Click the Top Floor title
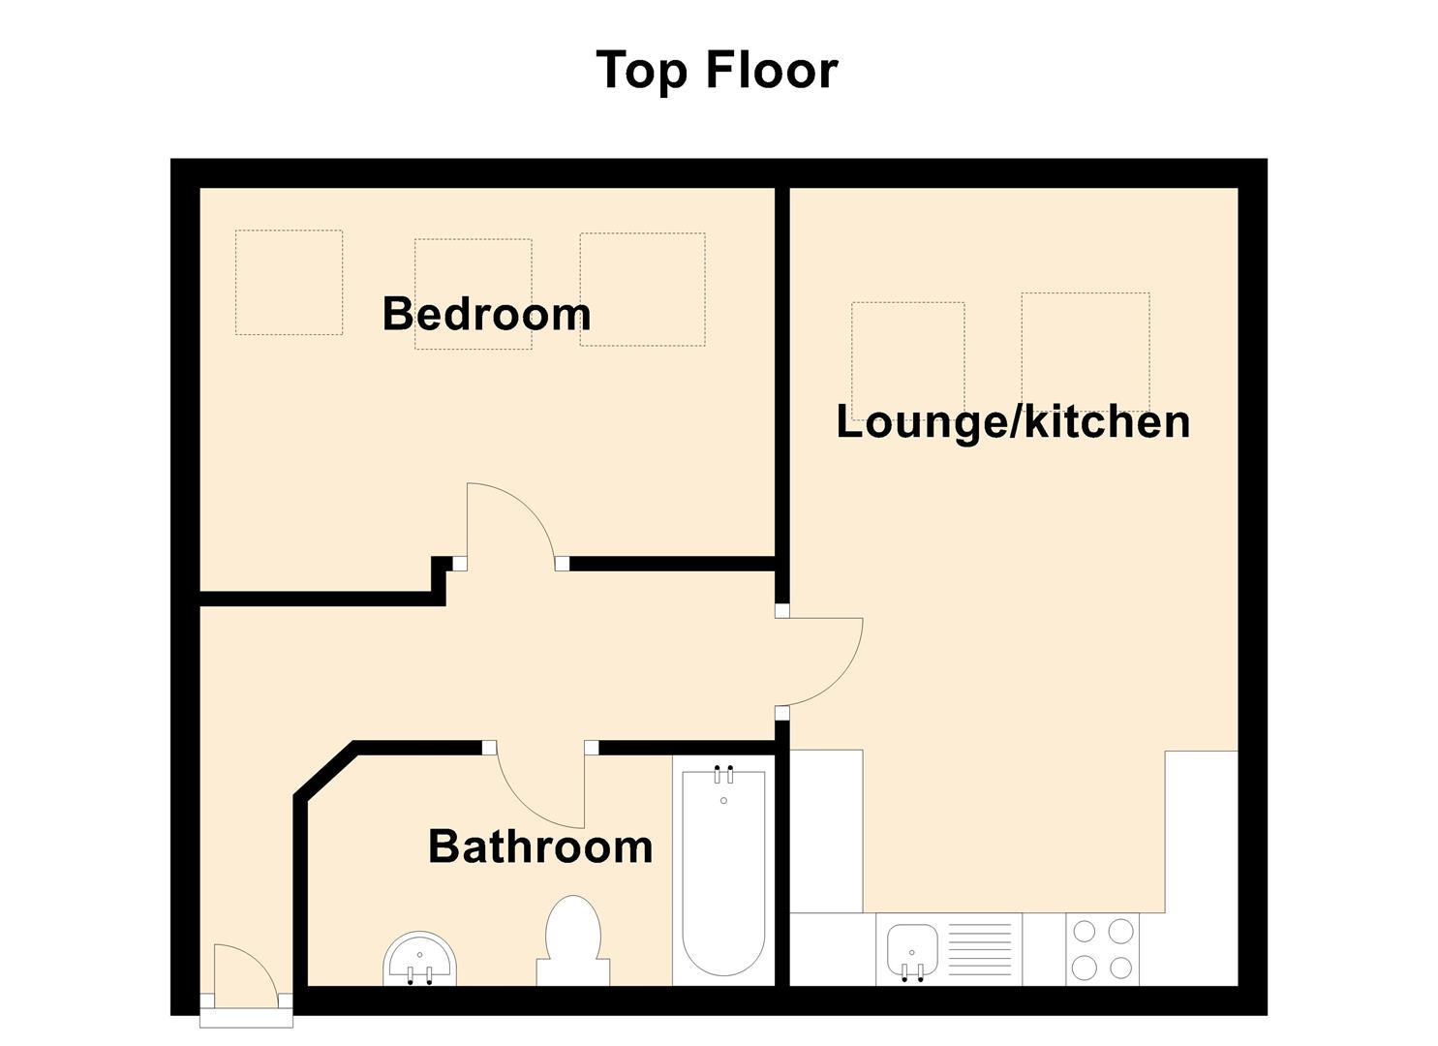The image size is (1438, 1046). click(x=718, y=70)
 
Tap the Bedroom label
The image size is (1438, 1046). click(x=487, y=314)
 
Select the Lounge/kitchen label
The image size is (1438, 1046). click(x=1013, y=422)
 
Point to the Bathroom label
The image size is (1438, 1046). click(x=540, y=846)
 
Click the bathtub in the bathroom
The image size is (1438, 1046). click(x=723, y=873)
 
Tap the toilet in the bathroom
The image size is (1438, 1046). click(x=572, y=940)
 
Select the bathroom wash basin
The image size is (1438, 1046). click(x=420, y=959)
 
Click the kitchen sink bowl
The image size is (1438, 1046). click(x=912, y=950)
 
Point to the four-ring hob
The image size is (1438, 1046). click(x=1102, y=949)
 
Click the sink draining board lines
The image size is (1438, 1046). click(x=980, y=950)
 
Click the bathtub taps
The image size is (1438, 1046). click(x=723, y=775)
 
